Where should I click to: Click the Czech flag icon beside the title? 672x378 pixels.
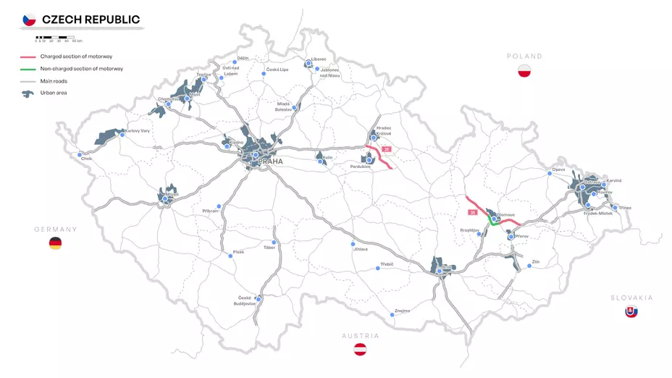coord(29,20)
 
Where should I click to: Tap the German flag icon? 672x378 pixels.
coord(55,243)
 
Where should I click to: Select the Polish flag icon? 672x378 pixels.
coord(525,71)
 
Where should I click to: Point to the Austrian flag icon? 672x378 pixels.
coord(360,350)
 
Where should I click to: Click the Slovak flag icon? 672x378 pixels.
coord(631,312)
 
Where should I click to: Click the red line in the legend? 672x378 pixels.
coord(28,56)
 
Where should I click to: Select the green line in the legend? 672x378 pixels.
coord(28,69)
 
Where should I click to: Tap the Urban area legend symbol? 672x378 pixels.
coord(28,93)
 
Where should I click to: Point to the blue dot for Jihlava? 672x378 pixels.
coord(353,243)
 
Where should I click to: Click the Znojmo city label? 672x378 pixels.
coord(402,311)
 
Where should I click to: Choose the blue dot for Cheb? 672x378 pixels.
coord(80,154)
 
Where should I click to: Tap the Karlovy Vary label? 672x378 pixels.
coord(137,131)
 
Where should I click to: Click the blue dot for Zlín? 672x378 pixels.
coord(529,266)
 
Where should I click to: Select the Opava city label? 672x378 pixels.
coord(558,169)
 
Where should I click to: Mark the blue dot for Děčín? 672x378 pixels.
coord(235,62)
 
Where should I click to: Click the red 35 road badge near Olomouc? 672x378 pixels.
coord(473,212)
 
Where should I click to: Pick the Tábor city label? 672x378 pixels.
coord(269,248)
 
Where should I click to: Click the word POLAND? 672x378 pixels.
coord(525,56)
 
